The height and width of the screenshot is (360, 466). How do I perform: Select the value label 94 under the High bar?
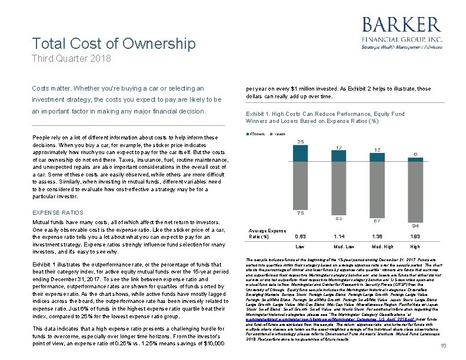point(415,225)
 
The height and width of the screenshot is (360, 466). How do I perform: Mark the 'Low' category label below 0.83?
point(300,247)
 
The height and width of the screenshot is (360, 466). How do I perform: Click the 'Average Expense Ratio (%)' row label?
point(267,234)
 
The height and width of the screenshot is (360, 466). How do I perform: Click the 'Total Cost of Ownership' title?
point(114,44)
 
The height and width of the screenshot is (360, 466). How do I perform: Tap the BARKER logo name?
point(401,25)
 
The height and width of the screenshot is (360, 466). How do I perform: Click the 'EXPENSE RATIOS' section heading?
point(58,212)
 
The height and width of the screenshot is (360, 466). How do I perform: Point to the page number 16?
point(444,347)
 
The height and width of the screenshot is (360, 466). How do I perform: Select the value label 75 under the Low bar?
point(300,213)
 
